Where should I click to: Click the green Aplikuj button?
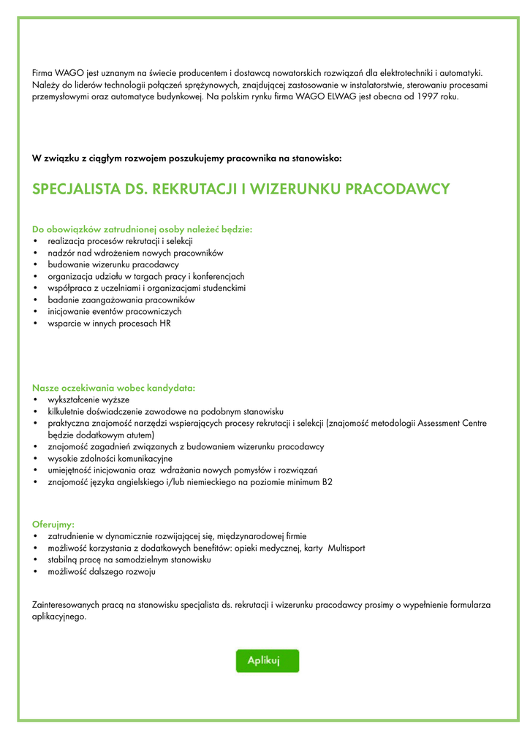pos(267,660)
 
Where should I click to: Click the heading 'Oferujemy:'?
pos(53,524)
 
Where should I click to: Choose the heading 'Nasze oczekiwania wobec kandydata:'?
pos(113,388)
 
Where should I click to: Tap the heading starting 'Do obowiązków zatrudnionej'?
pos(142,229)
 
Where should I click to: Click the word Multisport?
pos(347,548)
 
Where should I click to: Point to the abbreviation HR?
pos(164,323)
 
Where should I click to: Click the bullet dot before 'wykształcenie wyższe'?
pos(36,400)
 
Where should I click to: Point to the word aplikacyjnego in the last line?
pos(58,617)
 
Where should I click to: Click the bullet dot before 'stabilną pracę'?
pos(36,560)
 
